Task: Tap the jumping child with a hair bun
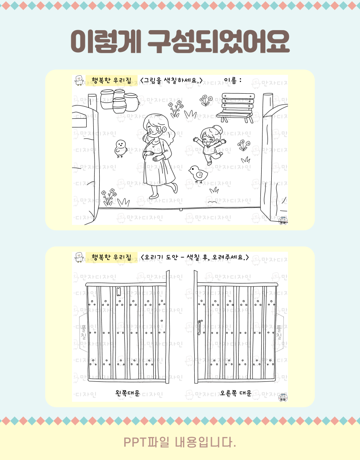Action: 210,144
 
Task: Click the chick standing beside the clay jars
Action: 120,148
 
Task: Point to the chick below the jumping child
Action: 198,174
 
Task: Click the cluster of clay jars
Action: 119,101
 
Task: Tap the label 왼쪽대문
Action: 127,393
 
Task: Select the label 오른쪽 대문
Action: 236,393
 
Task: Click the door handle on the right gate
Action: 199,327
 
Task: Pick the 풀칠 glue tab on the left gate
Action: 83,332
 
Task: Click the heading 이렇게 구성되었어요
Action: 180,41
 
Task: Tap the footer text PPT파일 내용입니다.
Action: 180,442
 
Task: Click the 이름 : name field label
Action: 233,80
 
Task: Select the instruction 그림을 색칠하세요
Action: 172,80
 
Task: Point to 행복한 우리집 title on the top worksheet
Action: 112,80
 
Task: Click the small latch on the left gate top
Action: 118,291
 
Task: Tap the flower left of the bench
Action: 206,100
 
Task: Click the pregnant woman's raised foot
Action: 175,187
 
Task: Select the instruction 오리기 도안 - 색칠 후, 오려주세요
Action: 195,257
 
